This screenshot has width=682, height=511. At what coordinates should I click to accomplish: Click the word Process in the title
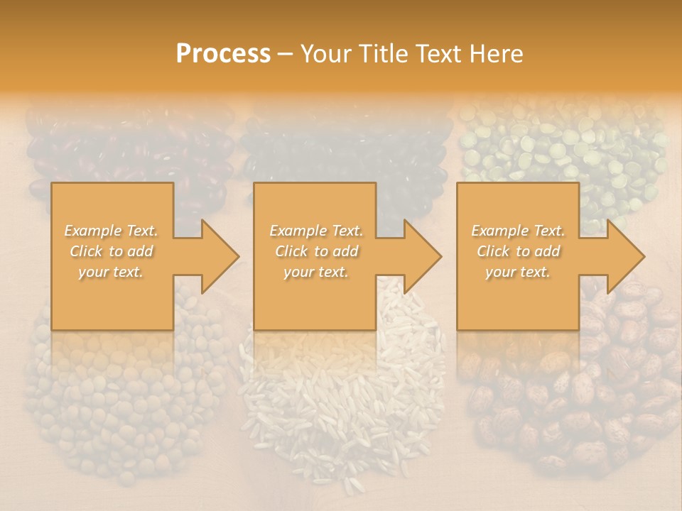(x=223, y=54)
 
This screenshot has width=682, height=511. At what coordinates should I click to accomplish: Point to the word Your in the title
(x=327, y=54)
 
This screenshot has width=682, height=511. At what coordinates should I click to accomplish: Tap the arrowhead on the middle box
(x=422, y=256)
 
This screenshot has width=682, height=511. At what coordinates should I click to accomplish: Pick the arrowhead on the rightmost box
(x=625, y=256)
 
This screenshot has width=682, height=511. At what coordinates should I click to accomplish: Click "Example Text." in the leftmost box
(x=112, y=231)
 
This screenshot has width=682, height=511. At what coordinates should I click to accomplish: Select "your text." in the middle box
(x=315, y=272)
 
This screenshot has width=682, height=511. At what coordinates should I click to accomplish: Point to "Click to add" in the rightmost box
(x=519, y=251)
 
